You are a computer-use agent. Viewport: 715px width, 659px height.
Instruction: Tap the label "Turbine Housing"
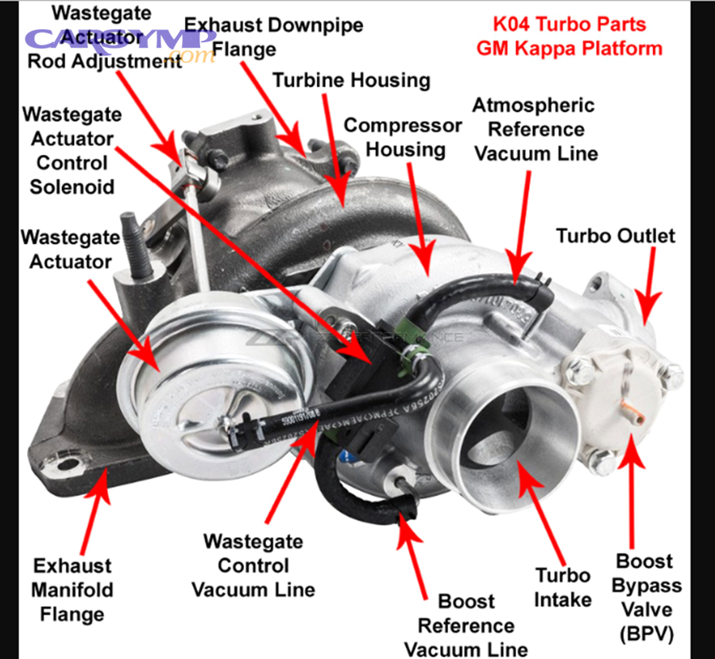(x=351, y=80)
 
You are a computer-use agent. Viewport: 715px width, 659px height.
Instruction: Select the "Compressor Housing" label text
(x=403, y=138)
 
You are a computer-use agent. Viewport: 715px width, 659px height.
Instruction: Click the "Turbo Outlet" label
(x=615, y=235)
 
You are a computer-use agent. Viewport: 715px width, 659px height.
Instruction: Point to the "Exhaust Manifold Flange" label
(x=72, y=590)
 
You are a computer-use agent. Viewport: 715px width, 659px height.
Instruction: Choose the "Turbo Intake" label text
(x=562, y=587)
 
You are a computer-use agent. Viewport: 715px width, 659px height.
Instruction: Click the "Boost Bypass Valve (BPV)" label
(x=649, y=597)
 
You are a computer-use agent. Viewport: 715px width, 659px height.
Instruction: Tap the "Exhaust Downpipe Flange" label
(x=274, y=37)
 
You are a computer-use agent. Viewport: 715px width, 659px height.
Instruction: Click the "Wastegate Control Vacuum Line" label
(x=253, y=565)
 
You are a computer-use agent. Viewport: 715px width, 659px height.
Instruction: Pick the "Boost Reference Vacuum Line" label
(x=466, y=625)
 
